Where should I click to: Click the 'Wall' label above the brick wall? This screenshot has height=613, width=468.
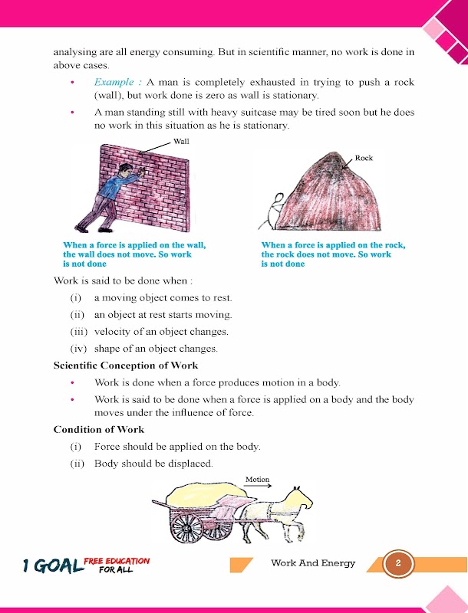tap(181, 142)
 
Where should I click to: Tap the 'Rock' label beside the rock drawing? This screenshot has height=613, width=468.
tap(364, 158)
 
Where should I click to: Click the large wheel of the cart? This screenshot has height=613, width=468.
tap(187, 529)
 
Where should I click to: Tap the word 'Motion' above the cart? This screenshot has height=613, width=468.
tap(257, 480)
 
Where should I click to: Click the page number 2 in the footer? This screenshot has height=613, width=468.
tap(398, 564)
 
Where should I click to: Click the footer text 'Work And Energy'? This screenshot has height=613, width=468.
tap(313, 564)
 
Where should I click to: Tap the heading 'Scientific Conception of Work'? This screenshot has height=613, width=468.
tap(126, 365)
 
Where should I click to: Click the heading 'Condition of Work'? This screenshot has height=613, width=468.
tap(99, 429)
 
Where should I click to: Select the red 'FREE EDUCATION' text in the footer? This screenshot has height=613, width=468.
tap(117, 561)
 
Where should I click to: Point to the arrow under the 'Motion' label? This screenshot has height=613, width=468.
tap(258, 487)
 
